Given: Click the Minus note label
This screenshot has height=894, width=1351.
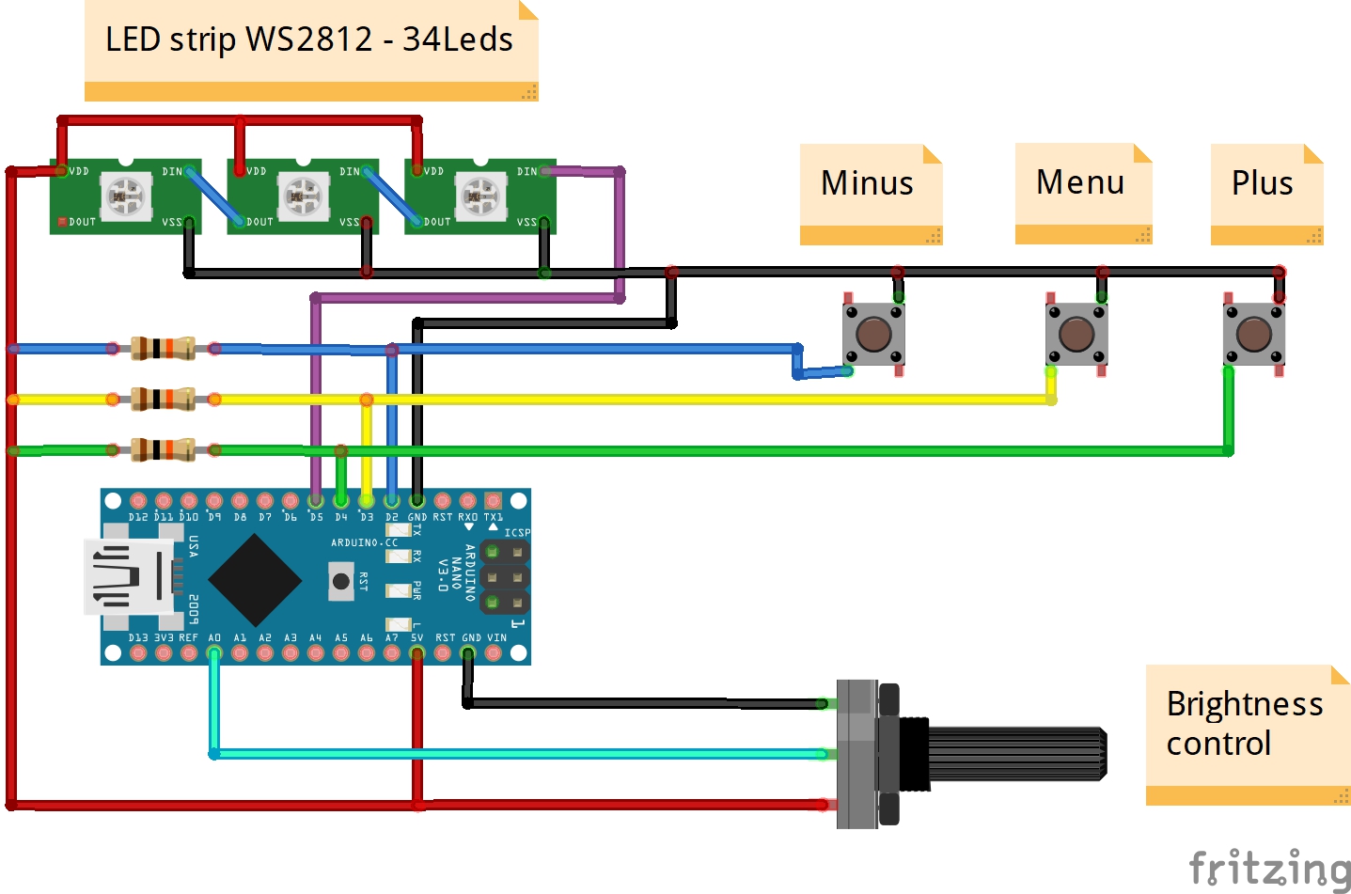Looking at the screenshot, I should pyautogui.click(x=870, y=184).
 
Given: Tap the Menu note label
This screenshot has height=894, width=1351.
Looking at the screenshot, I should pyautogui.click(x=1082, y=183).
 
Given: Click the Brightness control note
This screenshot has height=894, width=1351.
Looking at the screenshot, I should pyautogui.click(x=1246, y=725).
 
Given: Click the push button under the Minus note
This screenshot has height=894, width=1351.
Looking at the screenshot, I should pyautogui.click(x=873, y=335).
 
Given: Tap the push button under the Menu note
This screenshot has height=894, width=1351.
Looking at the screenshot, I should pyautogui.click(x=1076, y=335).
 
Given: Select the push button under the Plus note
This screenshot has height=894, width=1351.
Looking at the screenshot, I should pyautogui.click(x=1253, y=335).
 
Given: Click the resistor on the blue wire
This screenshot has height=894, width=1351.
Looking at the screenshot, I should pyautogui.click(x=163, y=349).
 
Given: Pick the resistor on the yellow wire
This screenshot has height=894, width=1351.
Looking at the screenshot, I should pyautogui.click(x=163, y=400).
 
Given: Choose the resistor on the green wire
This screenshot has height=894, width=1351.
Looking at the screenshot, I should pyautogui.click(x=163, y=450).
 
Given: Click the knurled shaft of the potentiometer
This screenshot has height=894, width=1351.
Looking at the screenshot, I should pyautogui.click(x=1015, y=754).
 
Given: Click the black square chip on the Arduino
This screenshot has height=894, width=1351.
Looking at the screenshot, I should pyautogui.click(x=255, y=580).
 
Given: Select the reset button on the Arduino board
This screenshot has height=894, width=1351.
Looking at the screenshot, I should pyautogui.click(x=341, y=581).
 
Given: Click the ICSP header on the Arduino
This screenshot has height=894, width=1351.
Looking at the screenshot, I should pyautogui.click(x=505, y=576).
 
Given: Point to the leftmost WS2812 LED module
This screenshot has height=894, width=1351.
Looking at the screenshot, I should pyautogui.click(x=125, y=196).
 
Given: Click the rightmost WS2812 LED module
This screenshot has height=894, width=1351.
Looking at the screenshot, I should pyautogui.click(x=480, y=196).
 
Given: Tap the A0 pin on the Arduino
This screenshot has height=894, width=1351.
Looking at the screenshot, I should pyautogui.click(x=214, y=652).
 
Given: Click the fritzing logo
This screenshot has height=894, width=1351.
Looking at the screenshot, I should pyautogui.click(x=1269, y=868).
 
